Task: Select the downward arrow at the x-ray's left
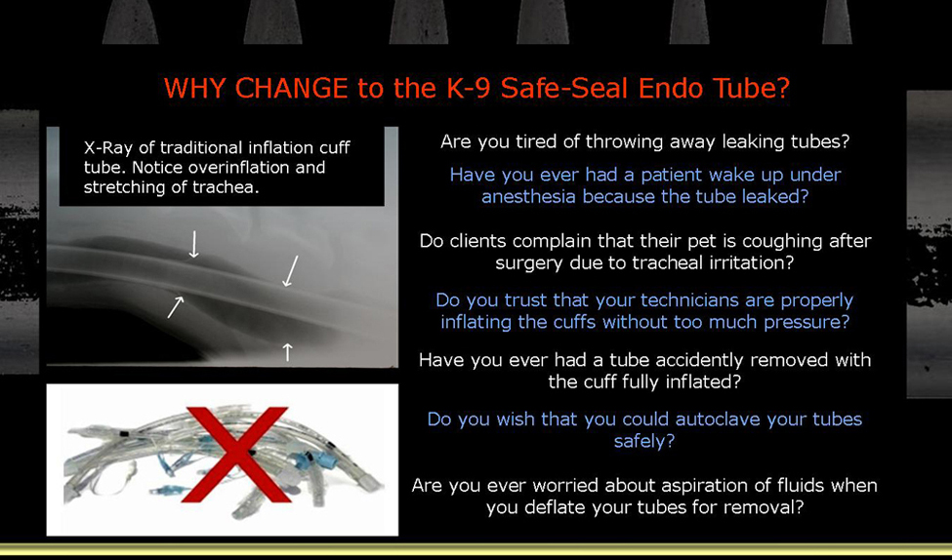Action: click(x=193, y=244)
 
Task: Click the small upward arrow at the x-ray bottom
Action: click(x=287, y=351)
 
